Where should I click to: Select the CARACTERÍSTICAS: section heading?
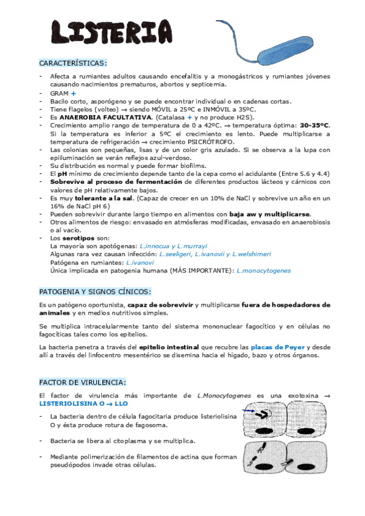pos(73,63)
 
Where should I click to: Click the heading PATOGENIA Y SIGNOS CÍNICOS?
pos(95,291)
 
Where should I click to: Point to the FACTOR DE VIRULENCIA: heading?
pos(82,382)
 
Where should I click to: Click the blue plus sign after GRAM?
pos(73,93)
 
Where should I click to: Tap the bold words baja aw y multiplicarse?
pos(269,214)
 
